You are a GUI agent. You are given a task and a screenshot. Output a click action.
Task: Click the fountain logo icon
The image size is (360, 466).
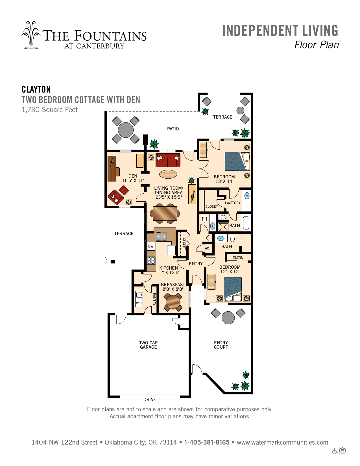click(31, 35)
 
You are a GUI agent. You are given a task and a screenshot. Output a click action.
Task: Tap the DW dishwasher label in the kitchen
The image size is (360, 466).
click(151, 246)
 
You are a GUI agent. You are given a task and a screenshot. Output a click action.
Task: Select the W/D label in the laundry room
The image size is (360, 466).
click(139, 303)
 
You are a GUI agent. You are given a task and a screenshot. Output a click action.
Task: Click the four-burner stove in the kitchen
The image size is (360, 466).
click(151, 261)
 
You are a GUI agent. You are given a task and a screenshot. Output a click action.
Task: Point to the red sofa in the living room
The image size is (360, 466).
click(168, 160)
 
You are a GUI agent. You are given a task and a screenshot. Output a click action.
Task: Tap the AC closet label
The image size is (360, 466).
click(207, 248)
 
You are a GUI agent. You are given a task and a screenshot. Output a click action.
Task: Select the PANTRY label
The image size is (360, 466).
click(154, 299)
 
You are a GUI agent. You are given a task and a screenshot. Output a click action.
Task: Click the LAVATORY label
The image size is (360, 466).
click(233, 203)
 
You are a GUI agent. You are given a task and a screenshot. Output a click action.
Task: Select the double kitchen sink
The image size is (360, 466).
click(161, 236)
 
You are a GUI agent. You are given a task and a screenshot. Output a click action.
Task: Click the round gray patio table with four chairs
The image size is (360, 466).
click(126, 130)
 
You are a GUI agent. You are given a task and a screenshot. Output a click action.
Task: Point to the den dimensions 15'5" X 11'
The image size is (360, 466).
click(133, 181)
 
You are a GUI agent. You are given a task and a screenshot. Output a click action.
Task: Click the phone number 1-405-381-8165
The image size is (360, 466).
click(207, 442)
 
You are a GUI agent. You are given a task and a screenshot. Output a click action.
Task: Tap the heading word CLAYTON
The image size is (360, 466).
click(36, 89)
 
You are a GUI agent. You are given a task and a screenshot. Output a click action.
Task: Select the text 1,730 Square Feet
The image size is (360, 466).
click(50, 110)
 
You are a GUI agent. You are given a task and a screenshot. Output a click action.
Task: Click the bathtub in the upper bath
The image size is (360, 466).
click(246, 223)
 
